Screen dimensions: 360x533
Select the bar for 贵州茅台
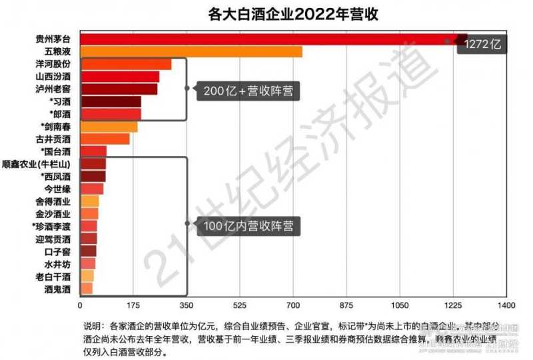pos(266,39)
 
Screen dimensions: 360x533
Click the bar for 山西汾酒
pos(119,77)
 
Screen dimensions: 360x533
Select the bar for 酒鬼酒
pos(87,288)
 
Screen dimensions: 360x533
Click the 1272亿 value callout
pos(482,45)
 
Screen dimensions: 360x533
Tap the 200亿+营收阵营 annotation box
pos(249,90)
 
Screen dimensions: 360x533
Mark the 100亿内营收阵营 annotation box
pos(248,226)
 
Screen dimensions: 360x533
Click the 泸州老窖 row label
pos(55,89)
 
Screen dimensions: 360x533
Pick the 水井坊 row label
pos(59,263)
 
